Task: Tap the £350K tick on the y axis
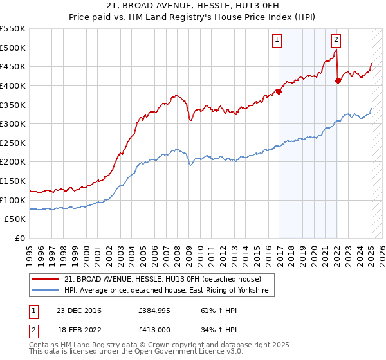point(13,105)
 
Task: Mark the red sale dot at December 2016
point(279,91)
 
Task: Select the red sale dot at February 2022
point(338,80)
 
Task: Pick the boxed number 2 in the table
point(33,328)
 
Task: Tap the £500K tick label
point(13,48)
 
